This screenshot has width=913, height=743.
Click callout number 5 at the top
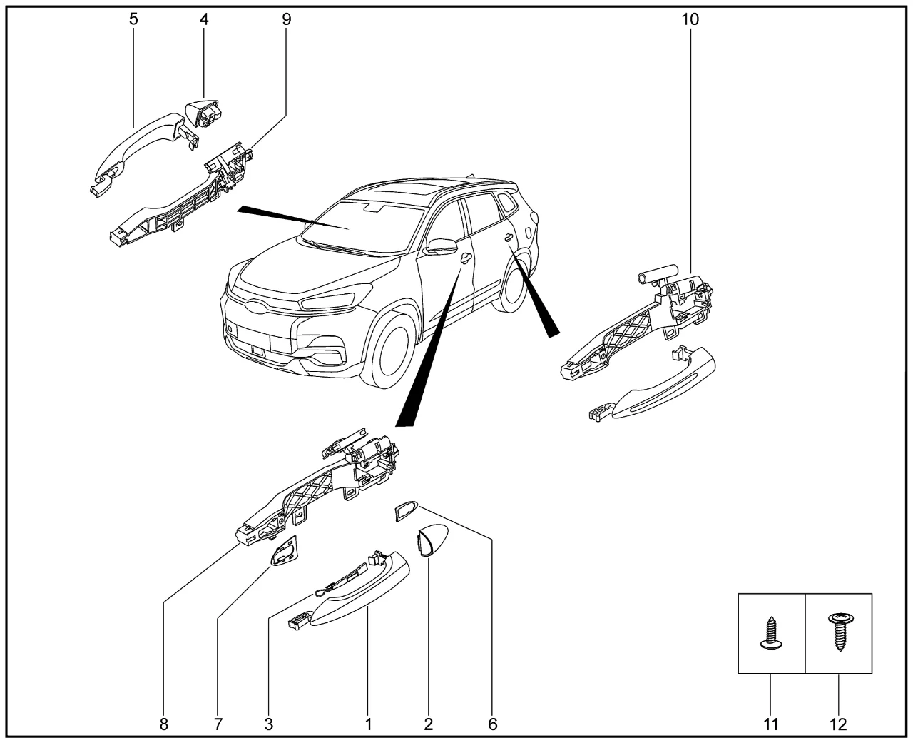(133, 19)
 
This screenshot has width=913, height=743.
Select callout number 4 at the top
(204, 19)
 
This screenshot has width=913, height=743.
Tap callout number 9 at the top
(286, 19)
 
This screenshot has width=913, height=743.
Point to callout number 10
(690, 19)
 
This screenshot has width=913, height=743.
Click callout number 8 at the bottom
(164, 724)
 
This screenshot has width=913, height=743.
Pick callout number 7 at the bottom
(218, 724)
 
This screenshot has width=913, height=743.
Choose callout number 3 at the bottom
(269, 724)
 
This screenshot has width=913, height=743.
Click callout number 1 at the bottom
(369, 724)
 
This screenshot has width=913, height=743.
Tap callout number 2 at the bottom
(428, 724)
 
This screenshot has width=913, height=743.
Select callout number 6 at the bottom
(492, 724)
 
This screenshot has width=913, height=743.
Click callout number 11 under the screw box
(770, 724)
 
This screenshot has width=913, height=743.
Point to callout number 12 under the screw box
(838, 724)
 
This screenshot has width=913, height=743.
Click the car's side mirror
(442, 247)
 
